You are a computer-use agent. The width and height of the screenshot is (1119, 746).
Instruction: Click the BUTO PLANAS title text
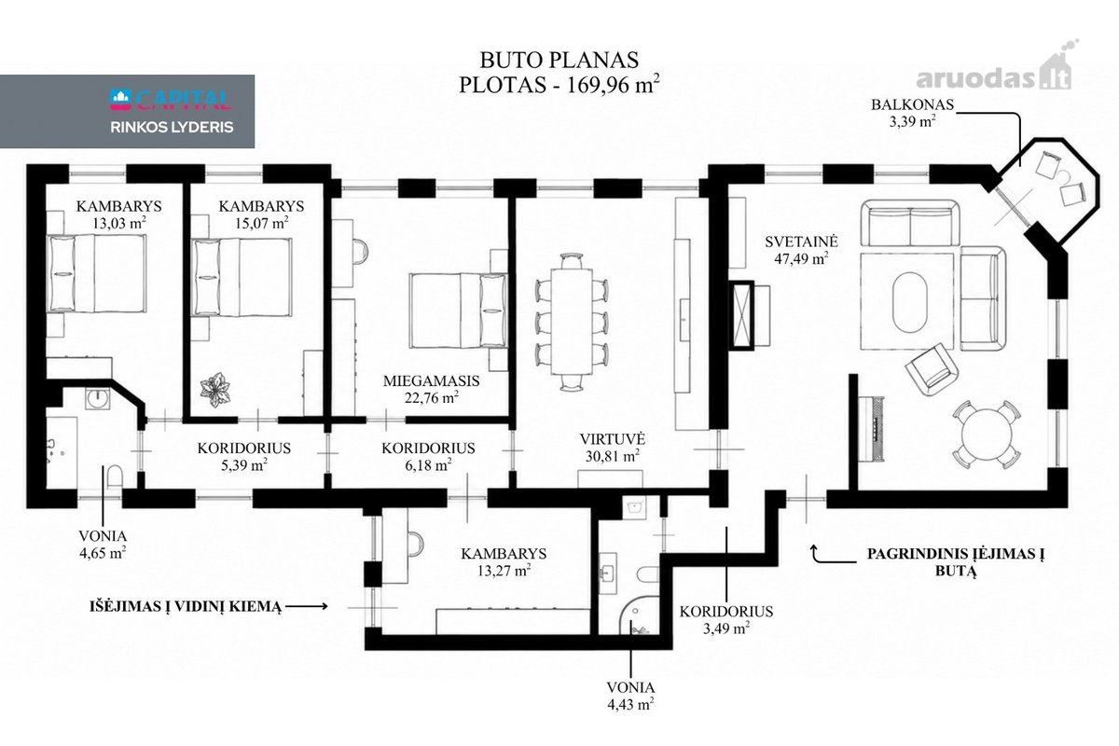coord(559,60)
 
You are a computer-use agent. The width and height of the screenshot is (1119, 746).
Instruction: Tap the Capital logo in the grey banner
coord(171,100)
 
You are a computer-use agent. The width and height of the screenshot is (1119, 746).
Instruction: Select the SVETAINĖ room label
coord(801,242)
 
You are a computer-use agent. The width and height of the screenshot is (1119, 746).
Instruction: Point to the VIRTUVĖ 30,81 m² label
coord(613,448)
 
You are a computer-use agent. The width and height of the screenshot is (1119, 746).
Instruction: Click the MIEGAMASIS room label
coord(431,381)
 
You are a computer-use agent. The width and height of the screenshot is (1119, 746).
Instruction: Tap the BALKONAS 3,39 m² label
coord(912,113)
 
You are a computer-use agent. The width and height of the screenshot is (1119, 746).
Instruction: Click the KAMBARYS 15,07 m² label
coord(261,214)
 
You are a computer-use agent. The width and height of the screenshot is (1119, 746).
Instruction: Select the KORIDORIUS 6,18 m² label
coord(428,456)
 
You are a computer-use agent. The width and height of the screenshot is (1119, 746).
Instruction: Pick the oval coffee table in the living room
coord(910,302)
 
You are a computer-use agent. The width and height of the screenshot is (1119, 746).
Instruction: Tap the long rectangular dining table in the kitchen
coord(572,322)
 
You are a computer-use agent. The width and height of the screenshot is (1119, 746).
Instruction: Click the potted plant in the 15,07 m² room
coord(215,389)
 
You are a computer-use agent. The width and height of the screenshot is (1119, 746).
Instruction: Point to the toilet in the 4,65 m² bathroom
coord(116,477)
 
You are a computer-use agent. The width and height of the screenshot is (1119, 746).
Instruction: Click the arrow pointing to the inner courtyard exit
coord(306,606)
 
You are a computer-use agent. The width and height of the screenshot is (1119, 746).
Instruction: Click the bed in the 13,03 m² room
coord(96,273)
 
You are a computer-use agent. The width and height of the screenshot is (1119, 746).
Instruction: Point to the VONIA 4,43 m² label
coord(630,696)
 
